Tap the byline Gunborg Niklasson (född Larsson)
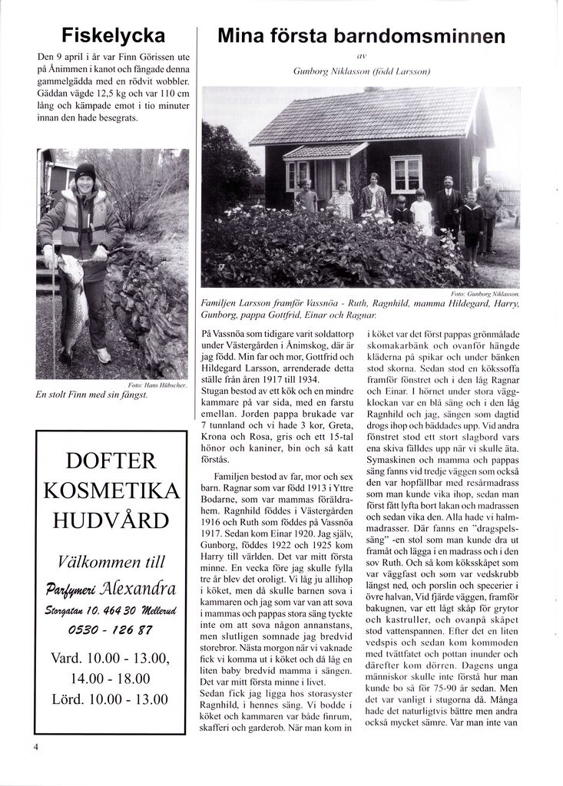[x=361, y=71]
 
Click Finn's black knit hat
[x=85, y=171]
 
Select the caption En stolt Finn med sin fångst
[x=91, y=395]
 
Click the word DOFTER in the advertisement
[x=111, y=461]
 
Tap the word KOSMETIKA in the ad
[x=111, y=490]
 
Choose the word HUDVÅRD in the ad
[x=111, y=520]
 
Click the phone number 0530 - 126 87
[x=111, y=630]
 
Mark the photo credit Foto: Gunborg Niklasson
[x=485, y=293]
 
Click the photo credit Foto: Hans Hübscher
[x=161, y=385]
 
